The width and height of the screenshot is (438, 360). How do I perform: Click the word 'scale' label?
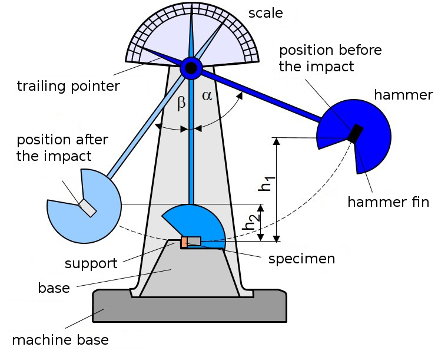266,14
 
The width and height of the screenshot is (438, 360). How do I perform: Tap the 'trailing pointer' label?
68,86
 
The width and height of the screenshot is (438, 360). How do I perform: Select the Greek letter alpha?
207,96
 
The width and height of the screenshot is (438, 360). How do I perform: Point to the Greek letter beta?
181,103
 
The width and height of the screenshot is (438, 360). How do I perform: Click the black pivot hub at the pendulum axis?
191,68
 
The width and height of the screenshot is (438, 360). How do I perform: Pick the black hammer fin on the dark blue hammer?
356,133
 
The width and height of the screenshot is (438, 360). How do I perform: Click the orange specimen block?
184,242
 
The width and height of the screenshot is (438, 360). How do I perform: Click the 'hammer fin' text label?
389,202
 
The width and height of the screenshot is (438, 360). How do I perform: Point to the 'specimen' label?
301,259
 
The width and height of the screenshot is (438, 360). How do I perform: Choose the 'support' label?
91,263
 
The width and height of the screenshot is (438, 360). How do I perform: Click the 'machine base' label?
60,340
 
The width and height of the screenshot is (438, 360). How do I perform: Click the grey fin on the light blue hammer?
87,207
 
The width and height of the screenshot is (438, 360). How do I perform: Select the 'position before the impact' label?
330,58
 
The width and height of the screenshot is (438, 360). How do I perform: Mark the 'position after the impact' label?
62,148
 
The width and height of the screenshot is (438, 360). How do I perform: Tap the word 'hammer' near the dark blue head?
404,95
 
